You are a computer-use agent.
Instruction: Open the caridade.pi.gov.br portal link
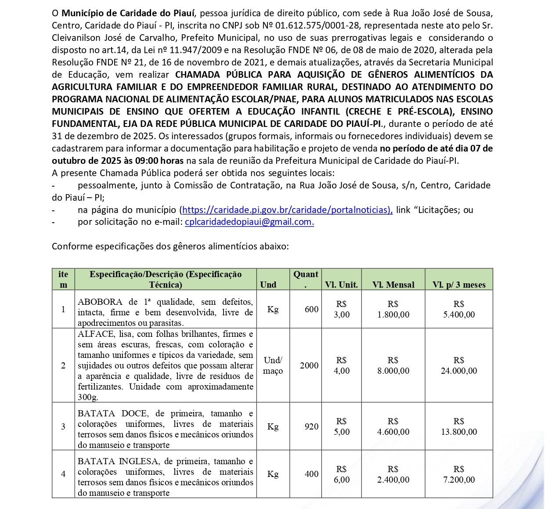click(x=287, y=210)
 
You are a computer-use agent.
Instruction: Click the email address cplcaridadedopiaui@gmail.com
click(x=249, y=222)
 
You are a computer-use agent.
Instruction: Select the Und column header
click(x=268, y=284)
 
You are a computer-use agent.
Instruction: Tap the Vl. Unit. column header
click(x=341, y=284)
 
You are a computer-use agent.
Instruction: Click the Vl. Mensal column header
click(x=393, y=284)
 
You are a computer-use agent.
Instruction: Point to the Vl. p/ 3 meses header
click(x=459, y=284)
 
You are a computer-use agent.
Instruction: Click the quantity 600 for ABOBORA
click(x=311, y=309)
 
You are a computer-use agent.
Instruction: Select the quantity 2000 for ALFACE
click(x=309, y=365)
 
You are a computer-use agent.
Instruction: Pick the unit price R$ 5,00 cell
click(x=342, y=426)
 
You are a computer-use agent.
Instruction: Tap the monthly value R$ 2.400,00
click(x=393, y=474)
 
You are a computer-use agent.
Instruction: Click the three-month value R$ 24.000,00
click(x=459, y=365)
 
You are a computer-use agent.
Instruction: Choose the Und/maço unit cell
click(x=273, y=365)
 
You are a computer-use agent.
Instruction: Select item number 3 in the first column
click(x=63, y=426)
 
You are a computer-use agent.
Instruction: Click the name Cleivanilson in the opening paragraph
click(x=76, y=38)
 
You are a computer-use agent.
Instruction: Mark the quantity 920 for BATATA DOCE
click(x=311, y=426)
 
